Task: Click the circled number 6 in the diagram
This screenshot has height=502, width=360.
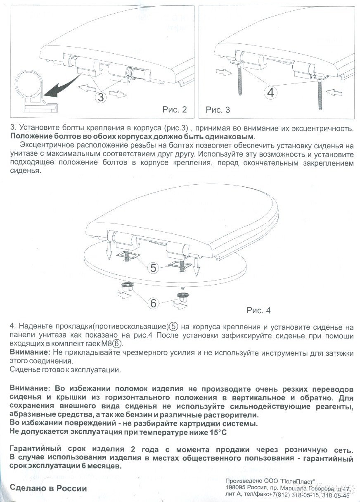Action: pos(153,303)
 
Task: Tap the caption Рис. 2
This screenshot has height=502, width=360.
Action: pos(175,109)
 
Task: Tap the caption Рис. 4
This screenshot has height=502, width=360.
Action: pos(258,310)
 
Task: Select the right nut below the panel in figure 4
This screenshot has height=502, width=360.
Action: pos(181,296)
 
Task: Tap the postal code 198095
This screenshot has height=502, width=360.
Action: pos(237,488)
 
